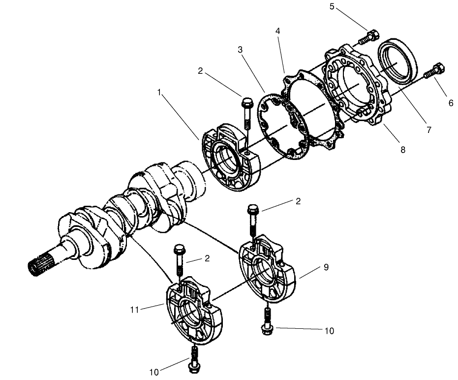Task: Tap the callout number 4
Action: click(278, 31)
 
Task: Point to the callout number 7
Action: click(428, 130)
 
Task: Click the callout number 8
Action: click(402, 150)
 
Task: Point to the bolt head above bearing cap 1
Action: click(247, 104)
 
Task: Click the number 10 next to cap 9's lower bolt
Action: click(329, 331)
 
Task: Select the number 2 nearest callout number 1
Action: click(200, 71)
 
